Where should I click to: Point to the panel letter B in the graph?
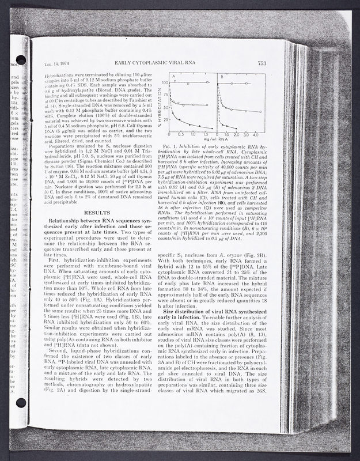point(222,77)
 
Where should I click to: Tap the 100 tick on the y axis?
point(165,83)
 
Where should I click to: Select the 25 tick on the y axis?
point(166,119)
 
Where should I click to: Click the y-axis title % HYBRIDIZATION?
point(157,104)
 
